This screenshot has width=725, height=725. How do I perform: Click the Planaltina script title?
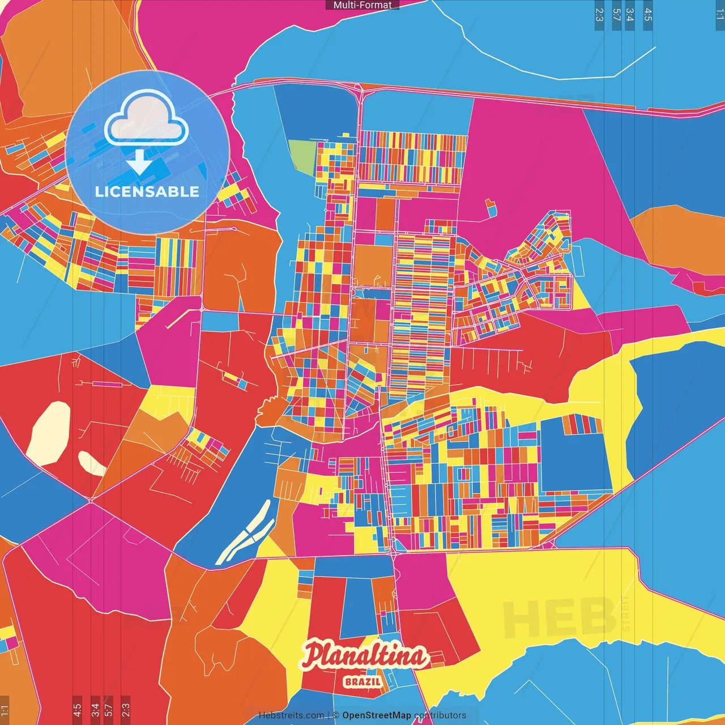[364, 656]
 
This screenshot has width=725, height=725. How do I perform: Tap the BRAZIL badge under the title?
[362, 681]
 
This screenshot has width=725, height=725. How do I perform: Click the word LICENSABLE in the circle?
[147, 191]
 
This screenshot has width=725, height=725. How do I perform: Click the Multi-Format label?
[362, 5]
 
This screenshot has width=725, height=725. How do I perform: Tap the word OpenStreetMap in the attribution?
[377, 715]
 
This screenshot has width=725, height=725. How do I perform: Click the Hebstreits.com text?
[291, 715]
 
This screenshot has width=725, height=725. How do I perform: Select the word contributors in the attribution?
[440, 715]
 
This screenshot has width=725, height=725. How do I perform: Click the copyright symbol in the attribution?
[336, 715]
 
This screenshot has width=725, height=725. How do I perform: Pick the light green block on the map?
[302, 155]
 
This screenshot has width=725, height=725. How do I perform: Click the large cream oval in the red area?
[49, 433]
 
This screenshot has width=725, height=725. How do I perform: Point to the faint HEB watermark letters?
[558, 617]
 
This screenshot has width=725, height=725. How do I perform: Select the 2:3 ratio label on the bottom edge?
[126, 709]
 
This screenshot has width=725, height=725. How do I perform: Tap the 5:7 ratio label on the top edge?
[616, 15]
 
